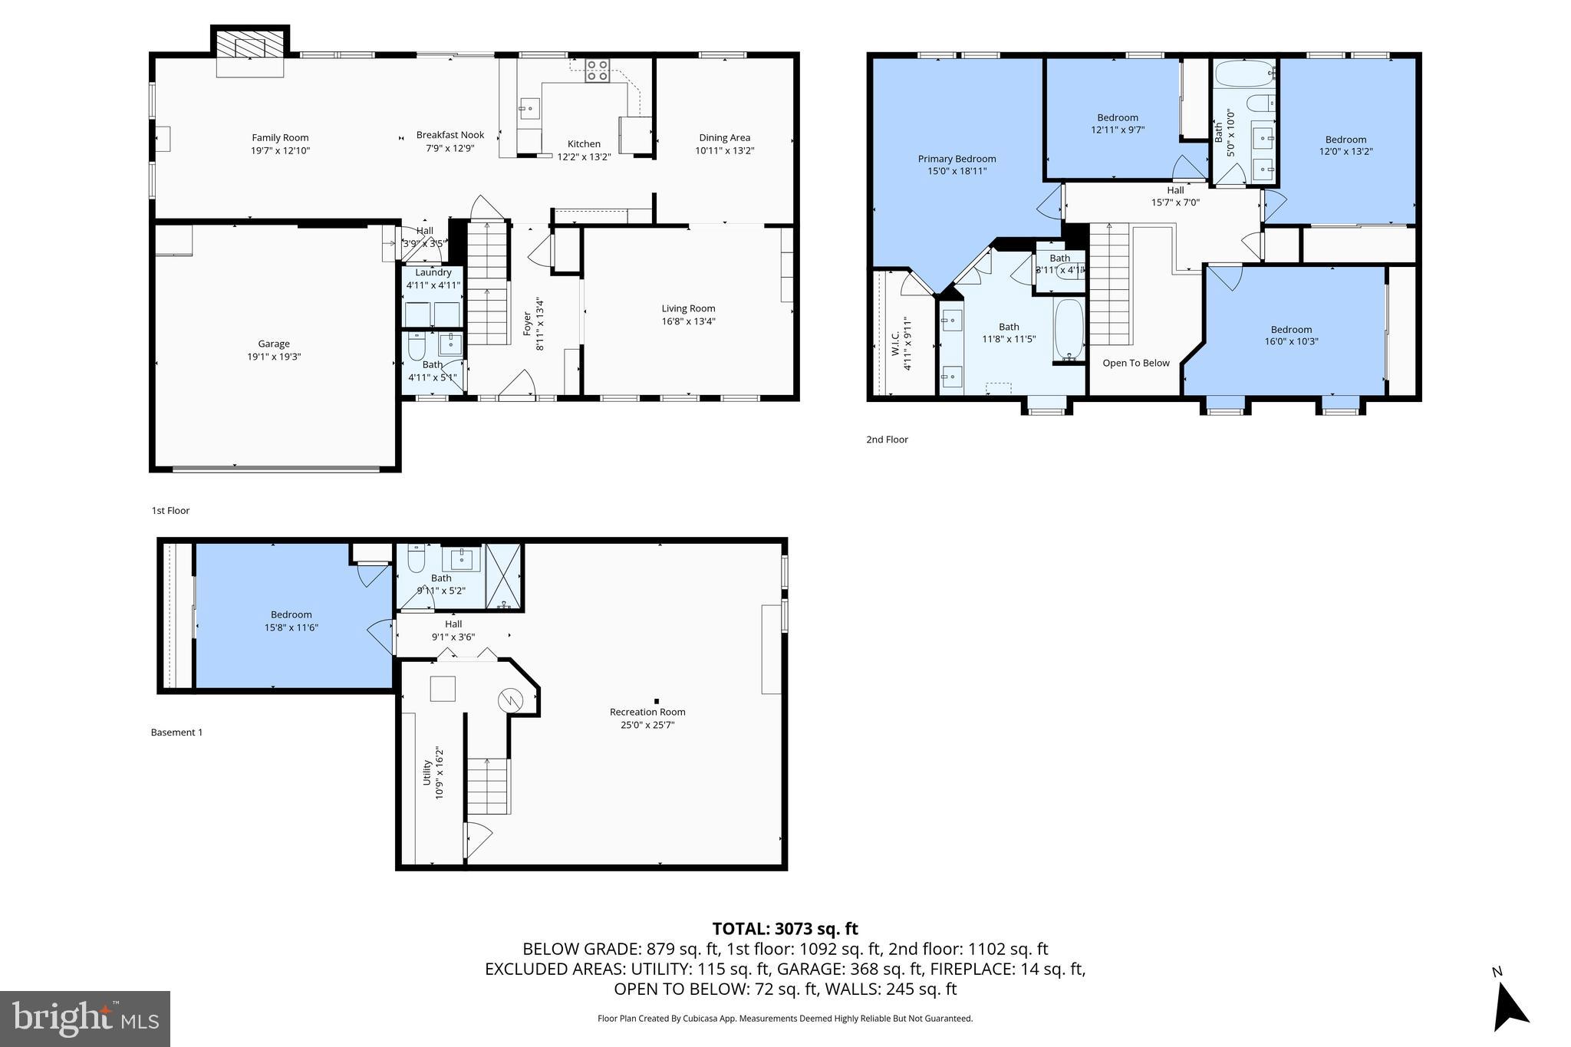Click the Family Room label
pos(280,138)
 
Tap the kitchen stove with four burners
pos(598,71)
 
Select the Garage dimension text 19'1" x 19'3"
pos(274,357)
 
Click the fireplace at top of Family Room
pos(250,48)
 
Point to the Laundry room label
pos(433,272)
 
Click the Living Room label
pos(688,308)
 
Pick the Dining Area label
pos(724,138)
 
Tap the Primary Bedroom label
pos(957,159)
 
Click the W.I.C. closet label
pos(895,344)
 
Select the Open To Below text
pos(1136,363)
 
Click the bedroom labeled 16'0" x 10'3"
pos(1291,335)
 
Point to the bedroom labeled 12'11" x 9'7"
pos(1118,123)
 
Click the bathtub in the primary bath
pos(1069,330)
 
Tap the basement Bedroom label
pos(291,614)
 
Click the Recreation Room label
pos(647,712)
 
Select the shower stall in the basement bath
pos(503,576)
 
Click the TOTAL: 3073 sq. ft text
pos(785,929)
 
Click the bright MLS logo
pos(85,1019)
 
